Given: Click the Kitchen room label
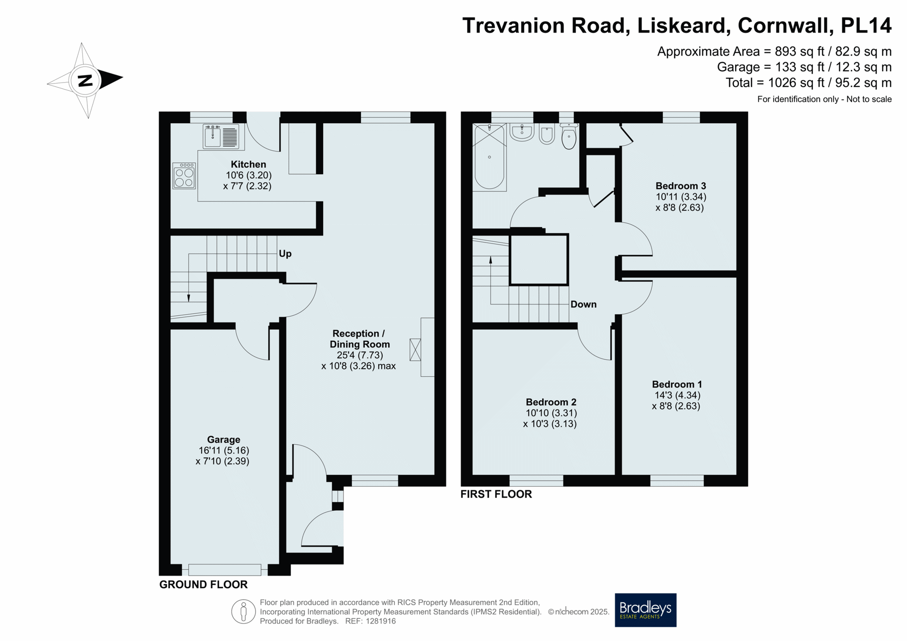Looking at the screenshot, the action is coord(248,164).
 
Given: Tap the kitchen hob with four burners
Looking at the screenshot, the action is coord(184,176).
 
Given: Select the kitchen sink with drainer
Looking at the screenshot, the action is coord(221,136).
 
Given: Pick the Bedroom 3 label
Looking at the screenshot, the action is coord(680,186).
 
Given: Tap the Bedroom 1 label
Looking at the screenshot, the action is coord(676,384).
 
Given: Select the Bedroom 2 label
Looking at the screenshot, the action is coord(551,402).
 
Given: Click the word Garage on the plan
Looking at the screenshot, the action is coord(223,440).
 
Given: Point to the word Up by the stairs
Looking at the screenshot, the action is coord(285,253).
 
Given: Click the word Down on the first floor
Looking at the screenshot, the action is coord(583,304).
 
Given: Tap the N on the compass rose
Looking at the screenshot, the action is coord(85,81).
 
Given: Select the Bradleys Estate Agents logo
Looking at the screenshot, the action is coord(645,610).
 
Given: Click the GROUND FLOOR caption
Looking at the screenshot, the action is coord(203,584).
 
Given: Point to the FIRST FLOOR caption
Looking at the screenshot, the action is coord(496,494).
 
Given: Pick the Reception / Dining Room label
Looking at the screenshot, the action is coord(359,339).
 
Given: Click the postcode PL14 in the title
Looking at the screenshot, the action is coord(866,25).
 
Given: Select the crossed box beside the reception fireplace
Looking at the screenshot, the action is coord(415,350).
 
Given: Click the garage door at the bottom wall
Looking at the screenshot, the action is coord(224,570).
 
